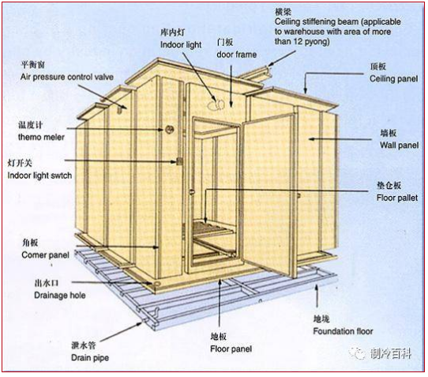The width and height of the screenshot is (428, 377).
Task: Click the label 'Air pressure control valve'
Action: [x=67, y=77]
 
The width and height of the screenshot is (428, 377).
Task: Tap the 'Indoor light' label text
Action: [x=181, y=44]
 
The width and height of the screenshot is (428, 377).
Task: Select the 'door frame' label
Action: [x=237, y=55]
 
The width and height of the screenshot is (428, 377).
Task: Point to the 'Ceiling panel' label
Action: [x=393, y=79]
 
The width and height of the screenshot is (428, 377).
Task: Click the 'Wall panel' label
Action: [x=399, y=145]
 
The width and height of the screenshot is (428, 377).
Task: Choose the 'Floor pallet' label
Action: [x=397, y=198]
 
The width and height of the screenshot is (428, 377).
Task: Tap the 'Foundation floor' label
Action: [x=343, y=331]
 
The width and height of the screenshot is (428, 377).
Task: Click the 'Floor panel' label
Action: [x=231, y=349]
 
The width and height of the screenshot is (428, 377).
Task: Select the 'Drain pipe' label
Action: [x=90, y=357]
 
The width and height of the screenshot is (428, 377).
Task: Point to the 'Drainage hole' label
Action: [x=60, y=296]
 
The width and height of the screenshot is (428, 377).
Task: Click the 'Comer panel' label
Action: [x=45, y=255]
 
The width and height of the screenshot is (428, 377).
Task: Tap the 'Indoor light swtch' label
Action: [x=39, y=175]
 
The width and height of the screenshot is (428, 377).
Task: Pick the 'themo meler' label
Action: [x=41, y=137]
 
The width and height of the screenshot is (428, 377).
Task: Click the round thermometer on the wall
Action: [x=169, y=129]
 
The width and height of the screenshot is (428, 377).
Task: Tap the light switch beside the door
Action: [x=179, y=161]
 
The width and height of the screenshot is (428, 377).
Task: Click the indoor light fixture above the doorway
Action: [x=216, y=104]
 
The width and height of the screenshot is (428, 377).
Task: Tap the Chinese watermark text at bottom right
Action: [x=390, y=353]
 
